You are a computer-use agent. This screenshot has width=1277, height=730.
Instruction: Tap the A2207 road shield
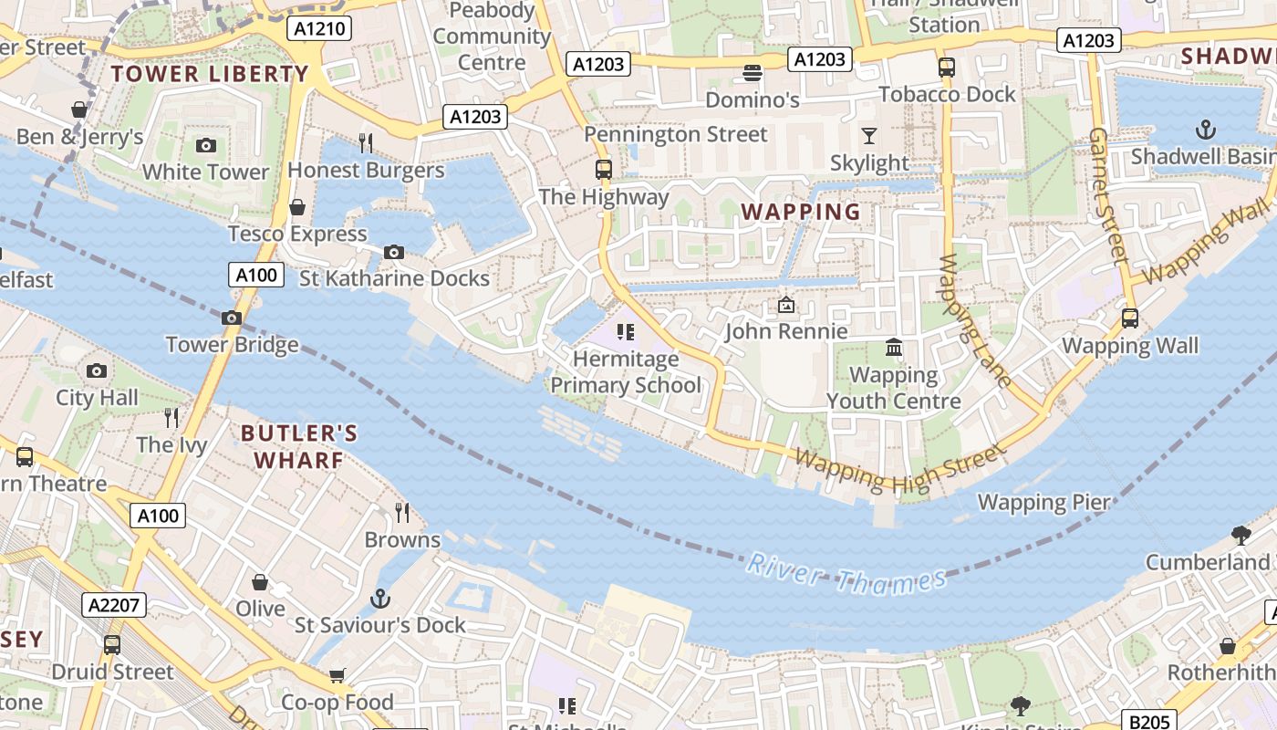click(113, 605)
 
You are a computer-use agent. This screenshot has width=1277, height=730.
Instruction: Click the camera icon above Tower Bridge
click(232, 318)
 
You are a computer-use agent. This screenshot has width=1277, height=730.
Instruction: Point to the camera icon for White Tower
click(206, 145)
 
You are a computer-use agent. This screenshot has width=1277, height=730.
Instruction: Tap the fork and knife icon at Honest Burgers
click(366, 142)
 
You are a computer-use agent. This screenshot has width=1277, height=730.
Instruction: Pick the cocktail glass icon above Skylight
click(869, 136)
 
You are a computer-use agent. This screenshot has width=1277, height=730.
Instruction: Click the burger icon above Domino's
click(753, 72)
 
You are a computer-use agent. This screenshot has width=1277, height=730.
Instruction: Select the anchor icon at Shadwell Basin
click(1206, 130)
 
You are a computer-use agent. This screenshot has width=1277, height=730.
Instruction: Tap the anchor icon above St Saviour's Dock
click(380, 599)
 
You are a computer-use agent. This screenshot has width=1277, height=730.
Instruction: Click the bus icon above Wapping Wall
click(1130, 318)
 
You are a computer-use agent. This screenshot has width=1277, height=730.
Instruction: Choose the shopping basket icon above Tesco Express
click(297, 207)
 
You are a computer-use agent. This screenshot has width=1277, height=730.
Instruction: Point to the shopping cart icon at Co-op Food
click(337, 675)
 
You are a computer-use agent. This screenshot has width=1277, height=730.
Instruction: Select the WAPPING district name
click(801, 212)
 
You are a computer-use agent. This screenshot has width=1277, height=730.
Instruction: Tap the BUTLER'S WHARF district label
click(298, 446)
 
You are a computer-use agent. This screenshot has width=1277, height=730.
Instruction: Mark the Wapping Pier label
click(1044, 502)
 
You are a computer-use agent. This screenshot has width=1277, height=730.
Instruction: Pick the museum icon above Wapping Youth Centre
click(894, 348)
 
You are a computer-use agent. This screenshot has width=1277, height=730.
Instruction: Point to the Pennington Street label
click(676, 135)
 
